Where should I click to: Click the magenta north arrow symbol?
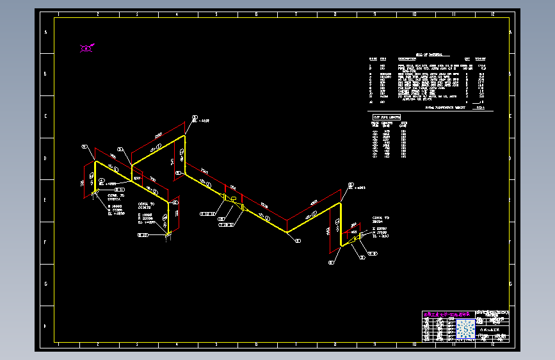86,47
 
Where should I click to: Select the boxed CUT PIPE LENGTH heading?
387,118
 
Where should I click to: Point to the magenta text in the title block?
448,314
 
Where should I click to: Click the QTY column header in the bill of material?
467,60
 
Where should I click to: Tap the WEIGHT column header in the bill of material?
480,60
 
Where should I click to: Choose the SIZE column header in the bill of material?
383,60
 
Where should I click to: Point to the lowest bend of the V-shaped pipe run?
287,231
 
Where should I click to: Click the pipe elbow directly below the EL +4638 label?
185,136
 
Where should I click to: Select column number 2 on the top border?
97,13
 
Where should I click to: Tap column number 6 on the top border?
255,13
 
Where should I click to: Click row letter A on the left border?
45,33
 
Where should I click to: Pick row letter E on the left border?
45,200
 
